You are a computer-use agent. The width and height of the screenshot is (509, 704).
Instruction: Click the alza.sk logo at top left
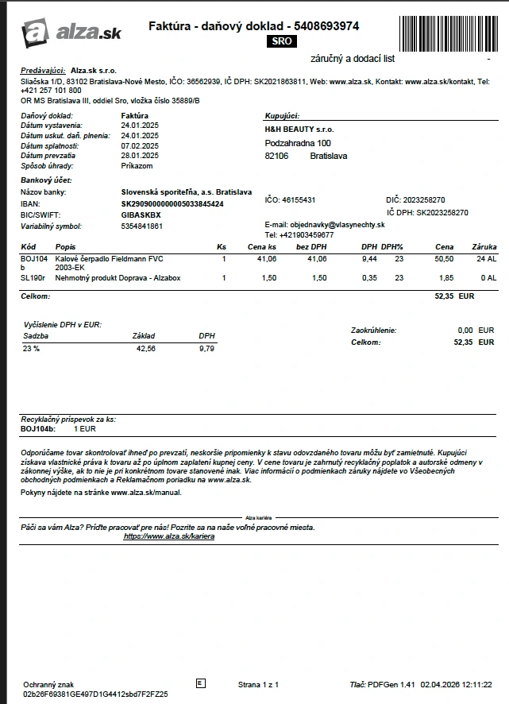(71, 32)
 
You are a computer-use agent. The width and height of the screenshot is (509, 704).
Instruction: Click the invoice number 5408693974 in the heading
(326, 26)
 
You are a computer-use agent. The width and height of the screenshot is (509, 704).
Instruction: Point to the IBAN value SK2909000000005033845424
(172, 204)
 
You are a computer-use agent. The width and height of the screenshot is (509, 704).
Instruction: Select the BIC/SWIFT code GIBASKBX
(141, 215)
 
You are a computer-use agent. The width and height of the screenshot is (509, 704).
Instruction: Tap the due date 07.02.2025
(140, 146)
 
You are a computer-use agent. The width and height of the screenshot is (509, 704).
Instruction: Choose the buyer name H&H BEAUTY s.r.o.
(299, 129)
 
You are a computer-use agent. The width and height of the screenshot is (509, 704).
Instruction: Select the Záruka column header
(484, 247)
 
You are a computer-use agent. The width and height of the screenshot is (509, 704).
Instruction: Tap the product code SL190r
(33, 278)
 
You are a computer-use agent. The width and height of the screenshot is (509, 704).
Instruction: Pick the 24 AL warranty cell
(486, 259)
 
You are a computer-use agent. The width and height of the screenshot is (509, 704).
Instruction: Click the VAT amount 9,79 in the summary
(206, 349)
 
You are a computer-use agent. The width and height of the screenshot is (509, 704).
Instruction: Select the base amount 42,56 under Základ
(146, 349)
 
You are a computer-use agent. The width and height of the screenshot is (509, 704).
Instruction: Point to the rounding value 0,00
(465, 330)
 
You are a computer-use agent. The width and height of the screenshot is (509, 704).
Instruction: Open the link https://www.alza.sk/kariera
(169, 536)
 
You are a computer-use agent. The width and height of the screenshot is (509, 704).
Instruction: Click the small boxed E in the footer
(199, 683)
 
